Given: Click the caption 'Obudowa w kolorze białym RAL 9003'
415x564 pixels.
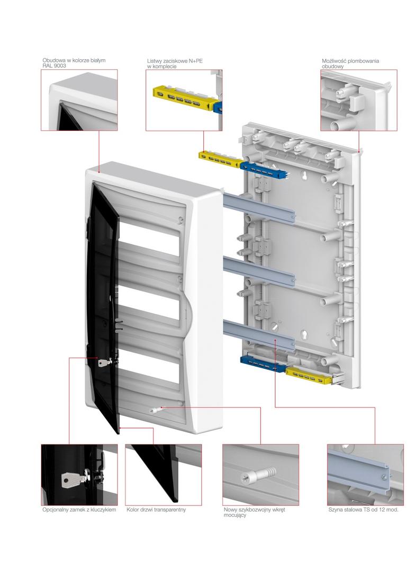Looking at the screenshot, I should (x=74, y=63).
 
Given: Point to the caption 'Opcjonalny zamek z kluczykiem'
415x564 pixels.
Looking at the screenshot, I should (x=79, y=510).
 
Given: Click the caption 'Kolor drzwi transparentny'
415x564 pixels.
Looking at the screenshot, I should (x=156, y=510).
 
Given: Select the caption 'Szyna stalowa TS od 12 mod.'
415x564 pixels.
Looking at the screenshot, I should (x=363, y=510).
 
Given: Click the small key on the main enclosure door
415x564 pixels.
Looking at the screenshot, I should (x=105, y=362).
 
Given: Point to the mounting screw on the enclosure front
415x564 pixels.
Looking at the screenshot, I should (x=157, y=408).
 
